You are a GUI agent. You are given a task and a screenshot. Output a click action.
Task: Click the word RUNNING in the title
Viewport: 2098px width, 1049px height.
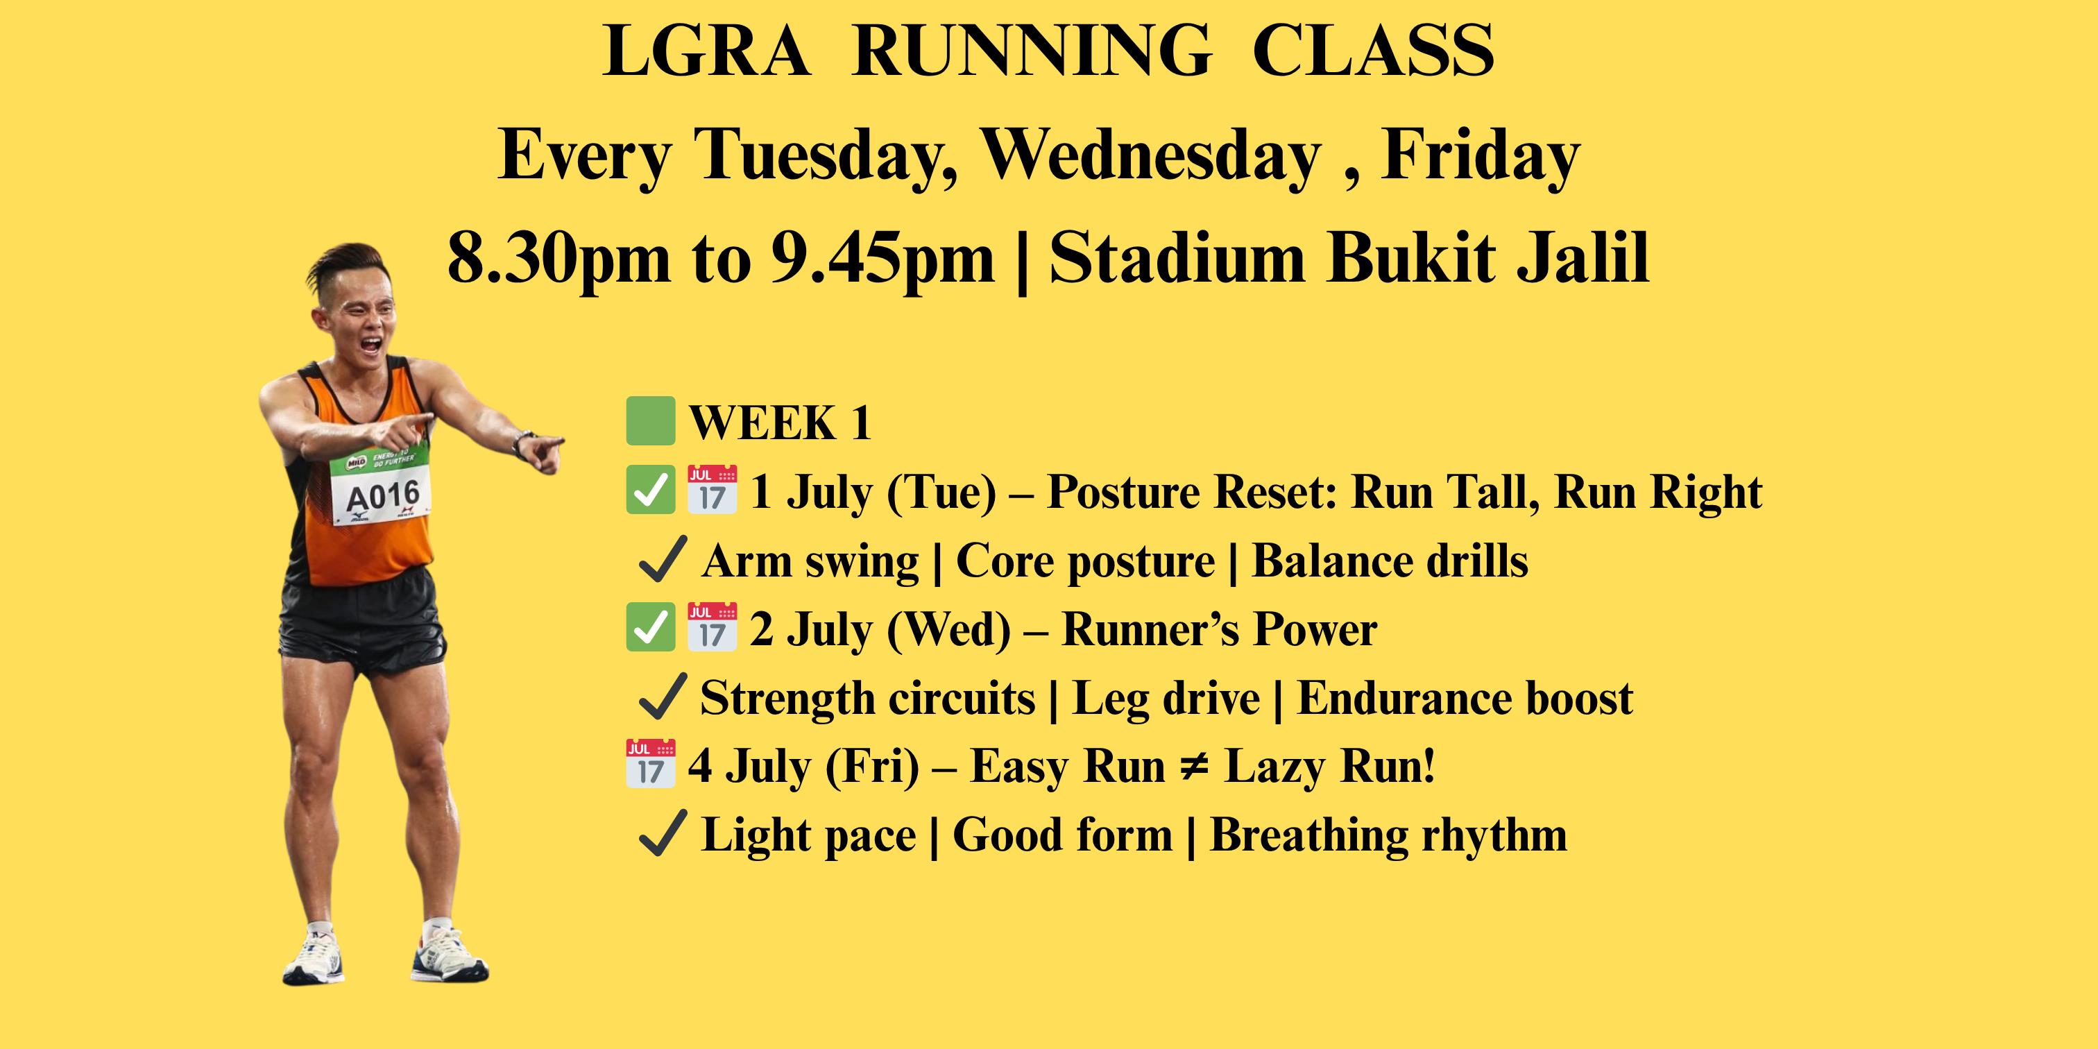point(1032,51)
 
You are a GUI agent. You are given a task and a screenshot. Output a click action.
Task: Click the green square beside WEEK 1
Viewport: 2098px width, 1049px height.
point(650,421)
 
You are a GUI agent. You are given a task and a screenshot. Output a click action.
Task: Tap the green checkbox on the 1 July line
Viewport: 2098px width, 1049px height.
point(650,491)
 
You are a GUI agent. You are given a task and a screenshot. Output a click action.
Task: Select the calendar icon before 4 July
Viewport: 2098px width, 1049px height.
point(650,764)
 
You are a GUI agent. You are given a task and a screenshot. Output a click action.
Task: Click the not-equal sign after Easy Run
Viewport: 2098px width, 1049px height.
point(1195,767)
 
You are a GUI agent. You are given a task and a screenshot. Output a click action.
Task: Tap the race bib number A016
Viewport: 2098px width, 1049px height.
point(383,496)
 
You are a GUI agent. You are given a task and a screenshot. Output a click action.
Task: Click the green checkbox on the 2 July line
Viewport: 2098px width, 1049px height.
point(650,627)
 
